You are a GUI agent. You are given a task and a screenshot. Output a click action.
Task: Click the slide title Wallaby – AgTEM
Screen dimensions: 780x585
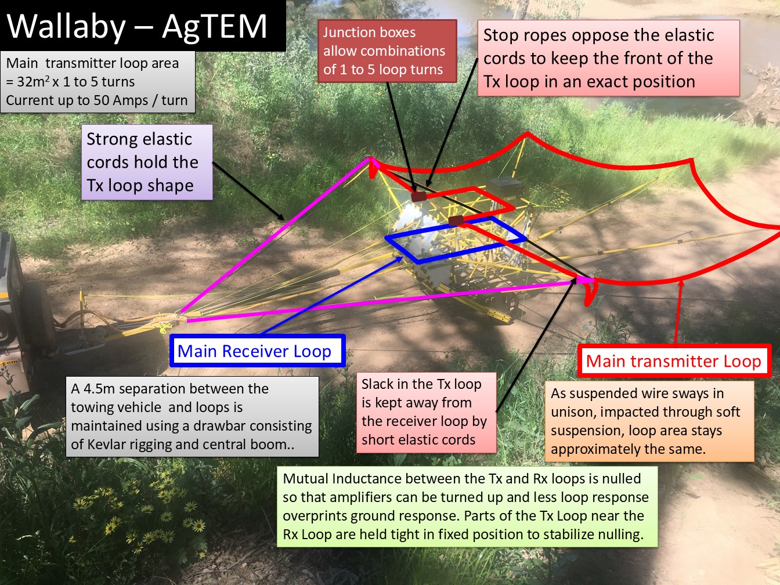click(x=137, y=26)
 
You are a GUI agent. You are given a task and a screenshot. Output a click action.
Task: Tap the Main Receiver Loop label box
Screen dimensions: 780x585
click(x=258, y=351)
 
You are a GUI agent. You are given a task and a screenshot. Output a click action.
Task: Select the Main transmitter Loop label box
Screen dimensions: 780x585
click(x=674, y=361)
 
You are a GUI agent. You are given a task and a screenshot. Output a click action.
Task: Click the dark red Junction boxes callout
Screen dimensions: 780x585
click(x=387, y=51)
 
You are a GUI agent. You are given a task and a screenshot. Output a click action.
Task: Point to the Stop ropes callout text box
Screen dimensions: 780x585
click(x=608, y=58)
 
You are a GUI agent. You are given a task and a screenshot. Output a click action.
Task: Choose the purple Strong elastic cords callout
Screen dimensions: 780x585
click(x=147, y=162)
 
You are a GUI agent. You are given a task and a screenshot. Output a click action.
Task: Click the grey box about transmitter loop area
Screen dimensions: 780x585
click(x=98, y=82)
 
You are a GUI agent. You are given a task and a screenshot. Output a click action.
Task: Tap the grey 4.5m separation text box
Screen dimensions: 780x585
click(x=192, y=416)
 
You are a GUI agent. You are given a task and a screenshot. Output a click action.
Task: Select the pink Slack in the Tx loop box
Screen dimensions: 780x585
click(x=427, y=413)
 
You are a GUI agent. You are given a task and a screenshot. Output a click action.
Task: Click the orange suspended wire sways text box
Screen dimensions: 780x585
click(x=649, y=421)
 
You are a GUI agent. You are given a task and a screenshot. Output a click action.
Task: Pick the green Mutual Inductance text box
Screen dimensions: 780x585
click(x=467, y=507)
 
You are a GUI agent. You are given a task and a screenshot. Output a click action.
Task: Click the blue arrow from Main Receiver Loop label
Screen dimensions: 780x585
click(x=333, y=295)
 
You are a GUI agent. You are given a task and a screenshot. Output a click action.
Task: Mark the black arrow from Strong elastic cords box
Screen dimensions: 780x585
click(x=248, y=191)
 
